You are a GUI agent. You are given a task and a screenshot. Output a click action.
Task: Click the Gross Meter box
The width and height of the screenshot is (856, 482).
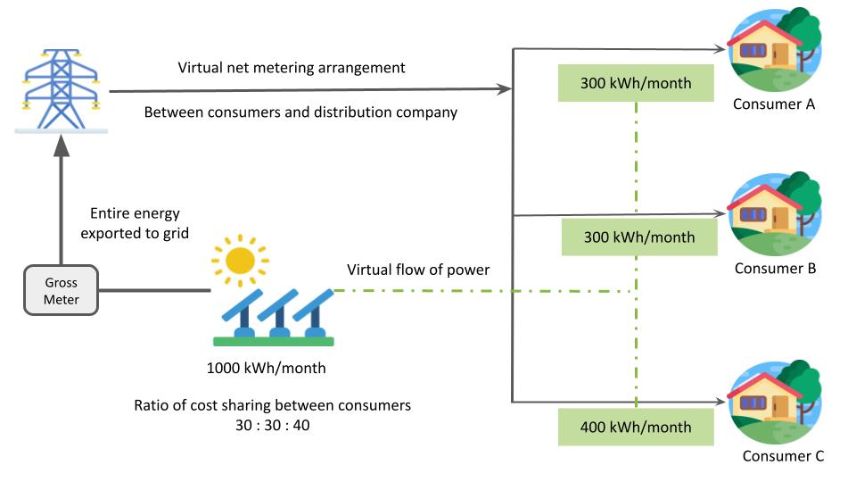tap(62, 291)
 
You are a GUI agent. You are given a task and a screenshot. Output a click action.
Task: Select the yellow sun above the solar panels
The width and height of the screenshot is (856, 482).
tap(239, 260)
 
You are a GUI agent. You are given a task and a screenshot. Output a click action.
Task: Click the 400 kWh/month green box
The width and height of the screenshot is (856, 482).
tap(636, 427)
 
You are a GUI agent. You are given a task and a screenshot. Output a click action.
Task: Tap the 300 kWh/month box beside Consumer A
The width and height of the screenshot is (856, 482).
tap(636, 84)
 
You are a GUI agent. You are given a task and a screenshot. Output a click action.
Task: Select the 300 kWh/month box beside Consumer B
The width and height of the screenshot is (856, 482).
tap(639, 237)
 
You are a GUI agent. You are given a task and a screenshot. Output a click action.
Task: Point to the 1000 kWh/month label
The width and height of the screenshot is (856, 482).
tap(266, 368)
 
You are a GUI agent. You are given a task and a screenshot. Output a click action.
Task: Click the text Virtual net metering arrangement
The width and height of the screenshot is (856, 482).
tap(292, 68)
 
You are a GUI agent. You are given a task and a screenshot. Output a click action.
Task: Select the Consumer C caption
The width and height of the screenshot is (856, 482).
tap(783, 456)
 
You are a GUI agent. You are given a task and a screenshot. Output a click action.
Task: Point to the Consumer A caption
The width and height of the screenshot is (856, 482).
tap(774, 104)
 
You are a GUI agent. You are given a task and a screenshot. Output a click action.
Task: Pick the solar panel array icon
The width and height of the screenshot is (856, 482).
tap(273, 316)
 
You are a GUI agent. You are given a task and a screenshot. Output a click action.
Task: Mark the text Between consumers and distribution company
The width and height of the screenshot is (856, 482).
tap(300, 113)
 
